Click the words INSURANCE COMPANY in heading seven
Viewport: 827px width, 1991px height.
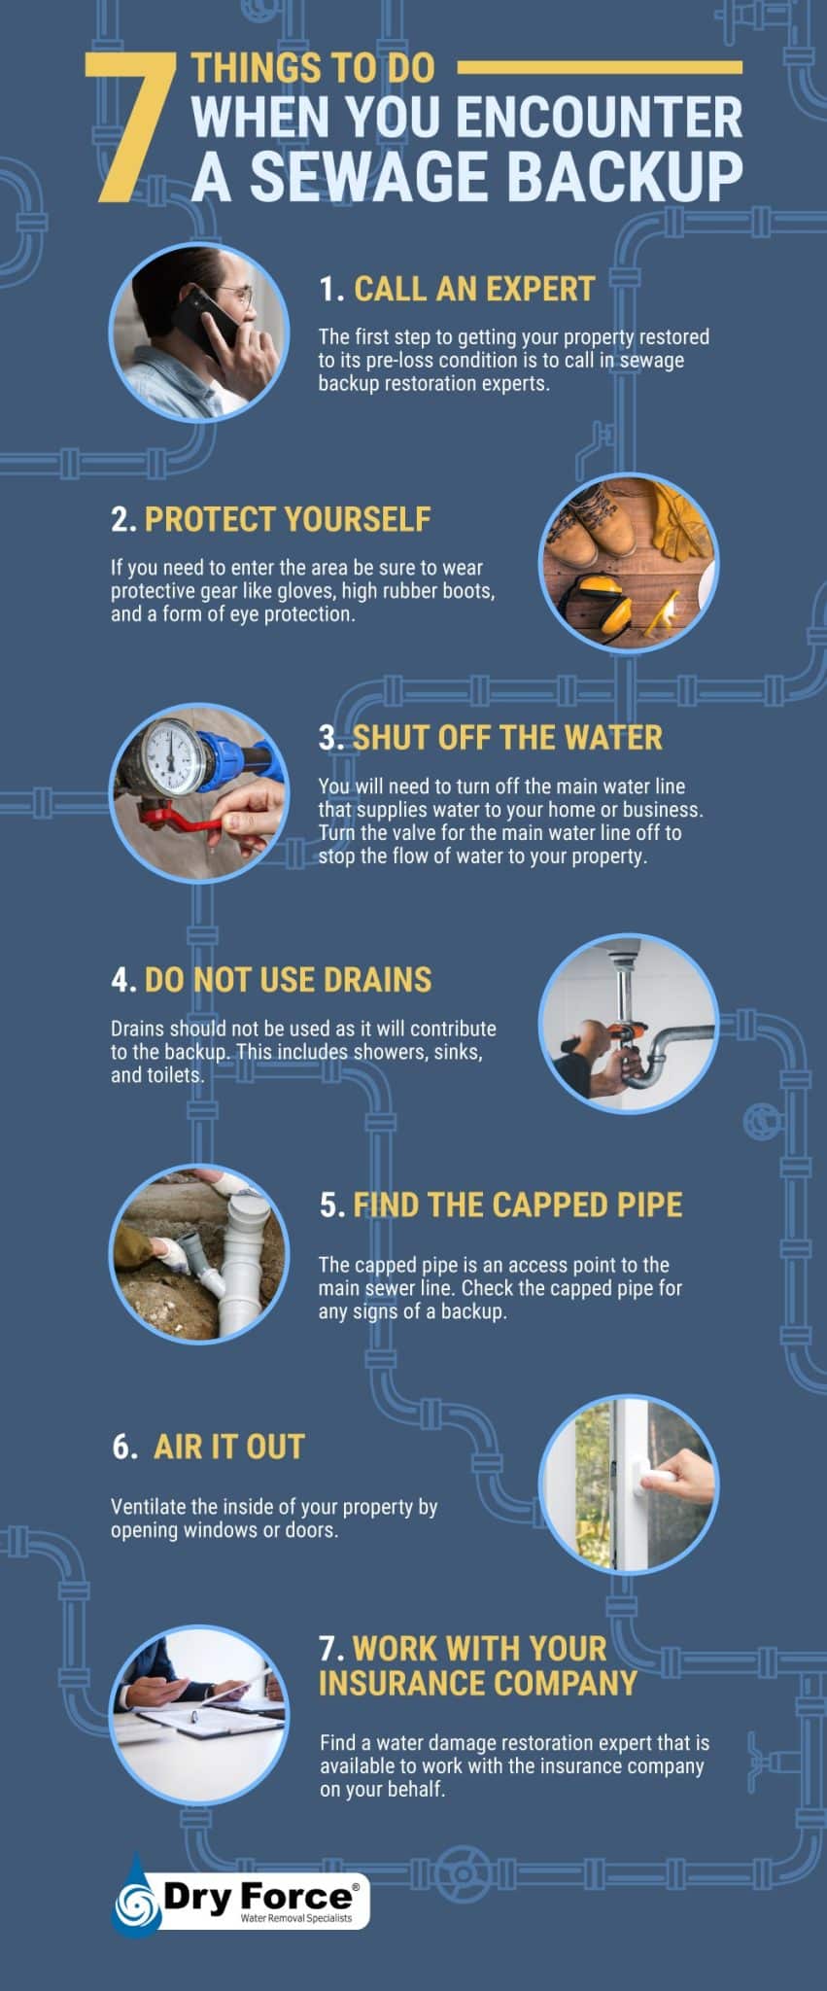pos(477,1684)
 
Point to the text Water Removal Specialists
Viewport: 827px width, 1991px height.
pos(296,1918)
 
